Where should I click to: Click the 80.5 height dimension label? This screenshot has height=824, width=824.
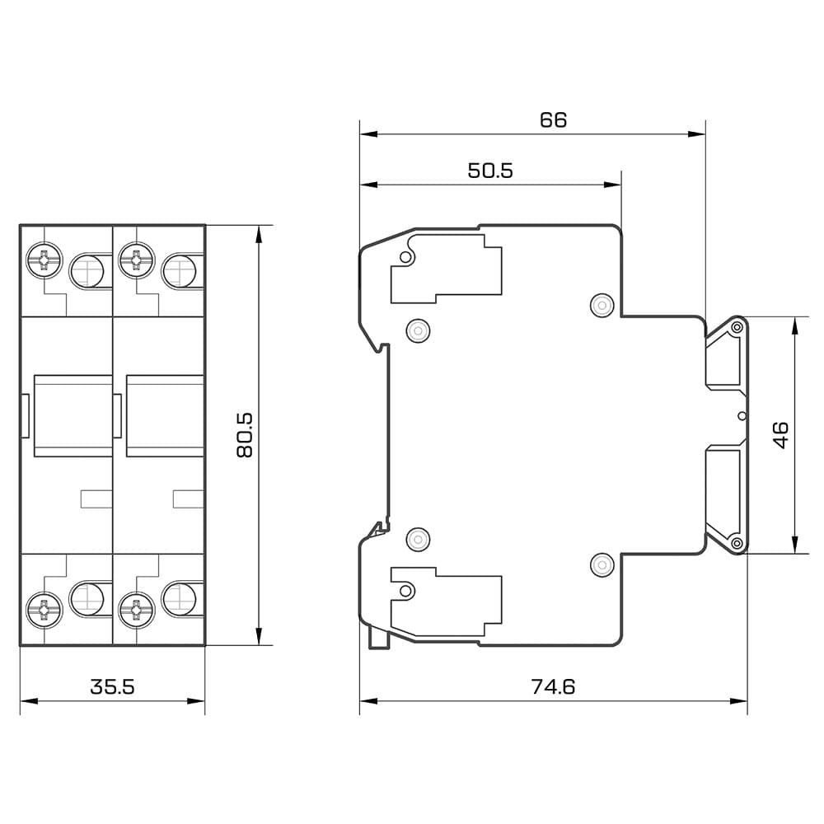[x=245, y=434]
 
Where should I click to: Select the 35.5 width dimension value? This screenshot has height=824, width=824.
[x=112, y=686]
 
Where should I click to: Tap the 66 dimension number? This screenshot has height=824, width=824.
[x=554, y=119]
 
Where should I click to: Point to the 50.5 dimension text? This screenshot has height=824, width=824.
[x=490, y=171]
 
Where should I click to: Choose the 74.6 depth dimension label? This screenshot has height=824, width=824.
[x=553, y=686]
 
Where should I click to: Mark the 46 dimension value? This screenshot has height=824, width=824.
[x=781, y=434]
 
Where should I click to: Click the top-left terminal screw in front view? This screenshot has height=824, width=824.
[x=44, y=260]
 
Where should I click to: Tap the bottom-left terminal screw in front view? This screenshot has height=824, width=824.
[x=44, y=610]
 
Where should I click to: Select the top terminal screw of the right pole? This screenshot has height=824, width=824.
[x=136, y=260]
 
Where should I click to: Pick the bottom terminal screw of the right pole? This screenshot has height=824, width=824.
[x=136, y=610]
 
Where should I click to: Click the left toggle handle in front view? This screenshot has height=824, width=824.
[x=73, y=415]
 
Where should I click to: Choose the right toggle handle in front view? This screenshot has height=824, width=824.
[x=165, y=415]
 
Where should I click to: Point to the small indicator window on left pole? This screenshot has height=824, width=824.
[x=96, y=499]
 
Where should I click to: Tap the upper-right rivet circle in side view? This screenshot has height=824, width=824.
[x=602, y=306]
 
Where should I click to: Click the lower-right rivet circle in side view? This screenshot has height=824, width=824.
[x=602, y=565]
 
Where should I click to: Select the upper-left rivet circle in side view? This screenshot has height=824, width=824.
[x=419, y=330]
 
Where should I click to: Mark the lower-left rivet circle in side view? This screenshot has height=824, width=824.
[x=419, y=539]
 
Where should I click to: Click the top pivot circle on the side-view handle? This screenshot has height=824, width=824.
[x=737, y=328]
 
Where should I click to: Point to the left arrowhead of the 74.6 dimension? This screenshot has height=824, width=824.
[x=368, y=701]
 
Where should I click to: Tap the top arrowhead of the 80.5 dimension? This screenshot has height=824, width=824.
[x=258, y=234]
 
